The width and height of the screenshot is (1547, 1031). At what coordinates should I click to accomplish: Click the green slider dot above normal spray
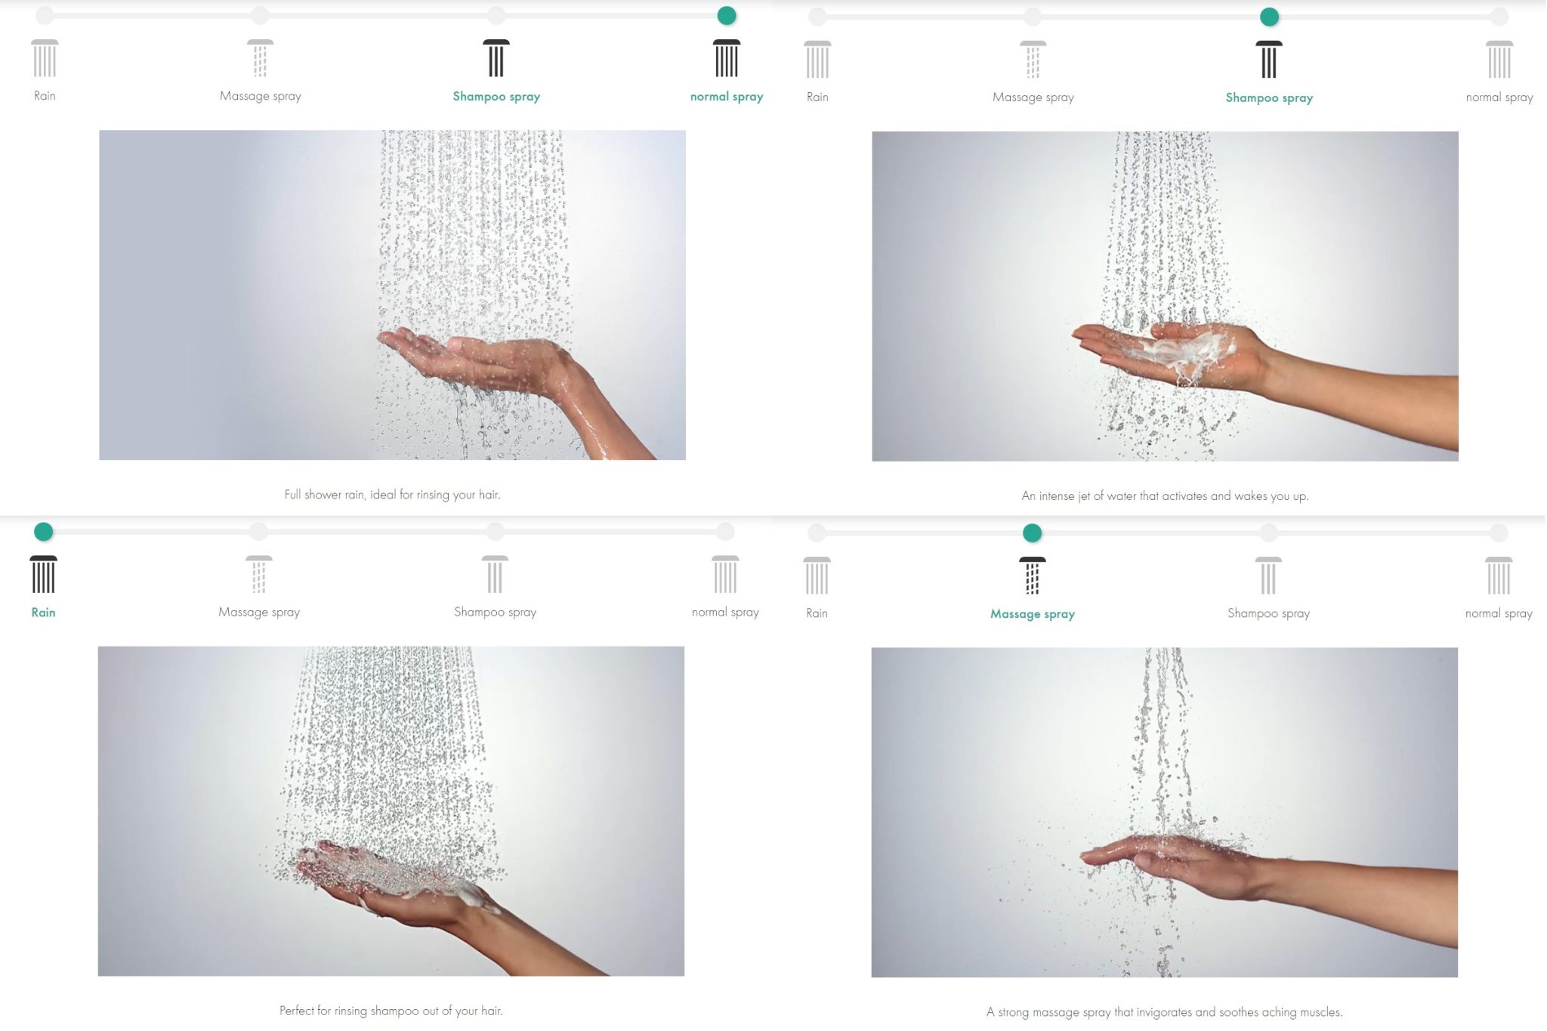tap(727, 15)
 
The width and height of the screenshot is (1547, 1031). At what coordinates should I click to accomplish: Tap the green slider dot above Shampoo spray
tap(1270, 17)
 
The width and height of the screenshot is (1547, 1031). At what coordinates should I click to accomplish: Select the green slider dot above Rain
tap(44, 532)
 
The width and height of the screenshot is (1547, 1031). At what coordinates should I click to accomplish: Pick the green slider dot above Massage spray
tap(1033, 533)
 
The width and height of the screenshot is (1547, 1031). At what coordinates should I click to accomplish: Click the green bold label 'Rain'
tap(43, 613)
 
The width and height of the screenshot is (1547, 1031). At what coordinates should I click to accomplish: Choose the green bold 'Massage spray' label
tap(1033, 614)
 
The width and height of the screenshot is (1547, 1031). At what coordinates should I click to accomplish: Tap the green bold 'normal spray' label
tap(727, 97)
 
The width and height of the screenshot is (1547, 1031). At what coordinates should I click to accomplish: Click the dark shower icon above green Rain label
tap(43, 574)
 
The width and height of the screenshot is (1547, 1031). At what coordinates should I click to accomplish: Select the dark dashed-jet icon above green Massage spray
tap(1033, 576)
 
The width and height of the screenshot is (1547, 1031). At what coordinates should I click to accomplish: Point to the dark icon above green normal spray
tap(727, 58)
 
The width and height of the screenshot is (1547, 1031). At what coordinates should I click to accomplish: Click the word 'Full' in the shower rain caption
tap(292, 495)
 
